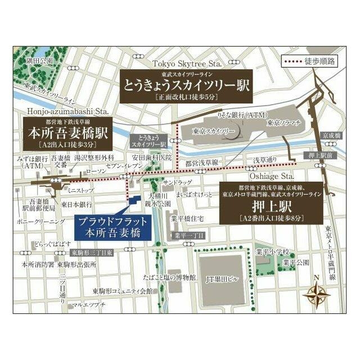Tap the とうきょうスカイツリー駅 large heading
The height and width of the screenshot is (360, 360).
pyautogui.click(x=186, y=85)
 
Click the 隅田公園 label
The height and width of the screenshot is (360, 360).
pyautogui.click(x=39, y=60)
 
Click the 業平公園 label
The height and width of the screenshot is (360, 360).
pyautogui.click(x=296, y=262)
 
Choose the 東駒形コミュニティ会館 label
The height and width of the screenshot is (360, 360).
pyautogui.click(x=123, y=291)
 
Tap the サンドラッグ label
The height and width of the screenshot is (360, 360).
pyautogui.click(x=177, y=182)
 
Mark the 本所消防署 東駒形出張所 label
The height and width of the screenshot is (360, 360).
pyautogui.click(x=59, y=264)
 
